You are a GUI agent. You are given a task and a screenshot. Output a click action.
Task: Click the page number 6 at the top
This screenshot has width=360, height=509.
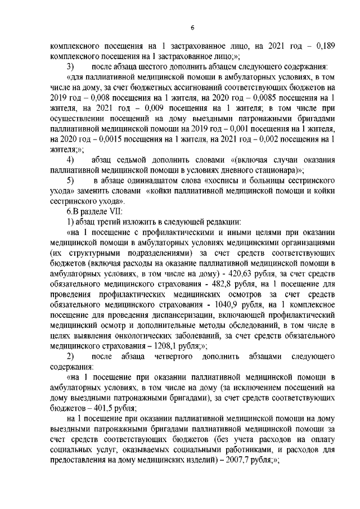click(192, 28)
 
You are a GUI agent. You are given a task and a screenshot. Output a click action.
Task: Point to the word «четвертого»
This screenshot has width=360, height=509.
click(172, 357)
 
